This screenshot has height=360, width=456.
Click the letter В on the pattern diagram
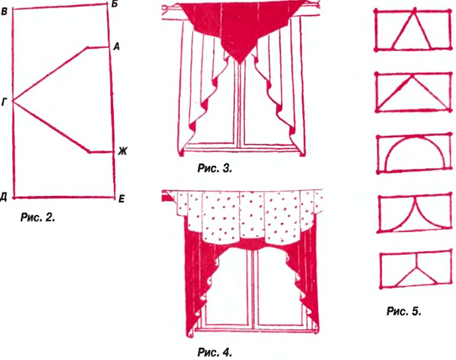(x=4, y=12)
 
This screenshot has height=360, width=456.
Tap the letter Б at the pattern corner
(x=114, y=4)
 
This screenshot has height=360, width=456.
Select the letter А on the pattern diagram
(x=116, y=47)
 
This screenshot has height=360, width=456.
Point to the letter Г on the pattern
(x=4, y=102)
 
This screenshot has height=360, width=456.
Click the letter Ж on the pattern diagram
(x=122, y=151)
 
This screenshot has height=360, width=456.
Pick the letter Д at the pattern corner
(x=4, y=197)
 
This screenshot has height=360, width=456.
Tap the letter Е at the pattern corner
(x=122, y=199)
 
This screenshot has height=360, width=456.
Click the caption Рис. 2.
(x=37, y=217)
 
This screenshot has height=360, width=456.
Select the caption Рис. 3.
(x=215, y=168)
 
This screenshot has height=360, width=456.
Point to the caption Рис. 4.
(x=215, y=353)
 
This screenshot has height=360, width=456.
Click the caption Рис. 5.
(x=404, y=311)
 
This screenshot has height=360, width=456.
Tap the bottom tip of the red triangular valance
(x=239, y=63)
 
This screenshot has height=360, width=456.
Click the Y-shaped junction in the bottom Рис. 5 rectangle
(x=416, y=266)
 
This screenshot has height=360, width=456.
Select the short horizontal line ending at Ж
(x=100, y=151)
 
